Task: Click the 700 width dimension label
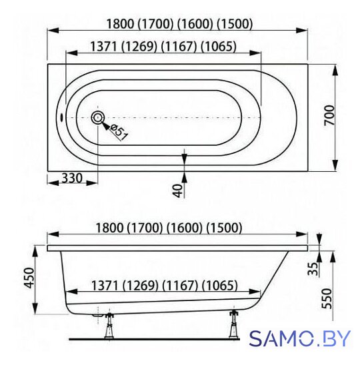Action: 329,115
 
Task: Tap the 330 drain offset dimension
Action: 72,179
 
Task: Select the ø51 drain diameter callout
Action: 119,132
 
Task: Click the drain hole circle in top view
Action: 97,117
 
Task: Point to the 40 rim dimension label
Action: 178,190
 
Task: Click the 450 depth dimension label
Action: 29,278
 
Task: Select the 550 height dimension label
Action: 327,298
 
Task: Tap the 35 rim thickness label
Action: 313,269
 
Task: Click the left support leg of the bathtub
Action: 109,326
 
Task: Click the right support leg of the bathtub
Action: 233,325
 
